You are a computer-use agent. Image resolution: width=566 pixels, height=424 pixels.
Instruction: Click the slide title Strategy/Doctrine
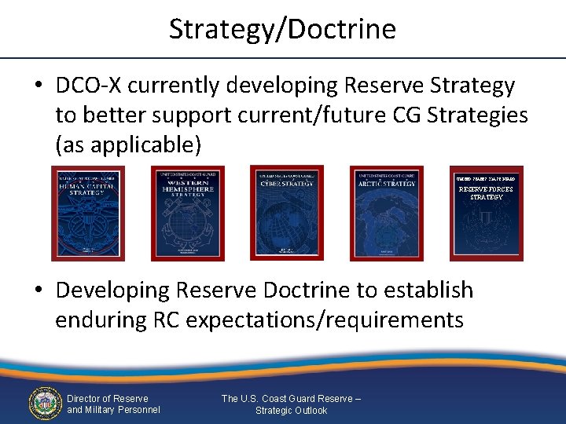point(282,29)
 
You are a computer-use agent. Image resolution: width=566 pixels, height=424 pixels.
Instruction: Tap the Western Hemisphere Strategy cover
point(187,213)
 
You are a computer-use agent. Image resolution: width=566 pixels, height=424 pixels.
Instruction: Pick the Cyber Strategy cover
point(286,213)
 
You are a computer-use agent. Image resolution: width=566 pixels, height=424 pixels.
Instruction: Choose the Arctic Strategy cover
point(386,213)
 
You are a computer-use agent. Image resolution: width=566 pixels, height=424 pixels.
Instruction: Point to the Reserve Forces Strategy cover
point(486,213)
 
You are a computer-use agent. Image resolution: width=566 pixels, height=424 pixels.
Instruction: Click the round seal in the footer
point(45,404)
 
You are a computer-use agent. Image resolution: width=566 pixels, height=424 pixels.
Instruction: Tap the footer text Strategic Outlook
point(291,411)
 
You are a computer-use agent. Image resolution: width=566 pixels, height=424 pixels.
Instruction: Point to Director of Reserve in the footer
point(107,399)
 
